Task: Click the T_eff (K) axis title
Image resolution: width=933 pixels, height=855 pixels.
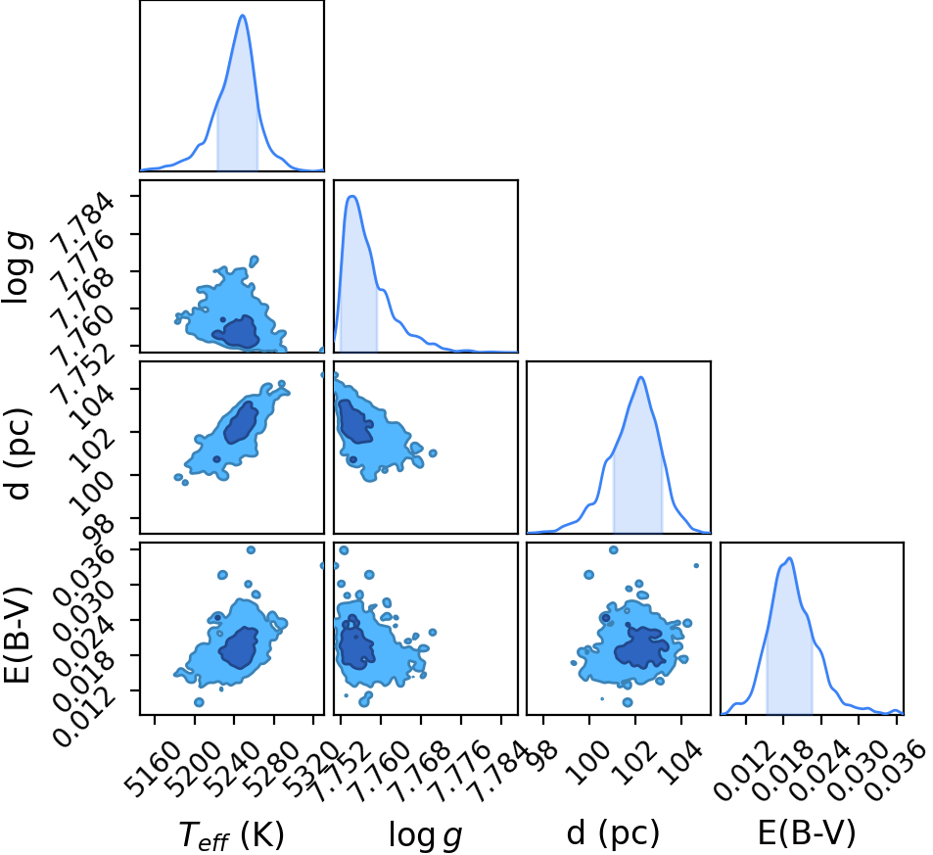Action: (231, 834)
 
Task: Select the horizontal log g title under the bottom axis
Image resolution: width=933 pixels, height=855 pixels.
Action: (426, 834)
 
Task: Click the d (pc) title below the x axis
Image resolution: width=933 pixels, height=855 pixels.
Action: (613, 832)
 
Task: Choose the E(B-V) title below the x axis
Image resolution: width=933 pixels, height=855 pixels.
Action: (807, 832)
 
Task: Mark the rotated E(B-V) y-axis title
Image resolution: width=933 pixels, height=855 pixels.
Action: (18, 634)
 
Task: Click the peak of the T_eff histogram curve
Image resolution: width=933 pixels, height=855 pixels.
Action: (242, 15)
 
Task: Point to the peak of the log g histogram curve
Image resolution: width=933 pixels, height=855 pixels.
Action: (352, 196)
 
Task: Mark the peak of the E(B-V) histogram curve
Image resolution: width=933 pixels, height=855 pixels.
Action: (790, 558)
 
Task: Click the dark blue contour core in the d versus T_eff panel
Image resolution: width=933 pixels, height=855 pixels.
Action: (241, 422)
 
